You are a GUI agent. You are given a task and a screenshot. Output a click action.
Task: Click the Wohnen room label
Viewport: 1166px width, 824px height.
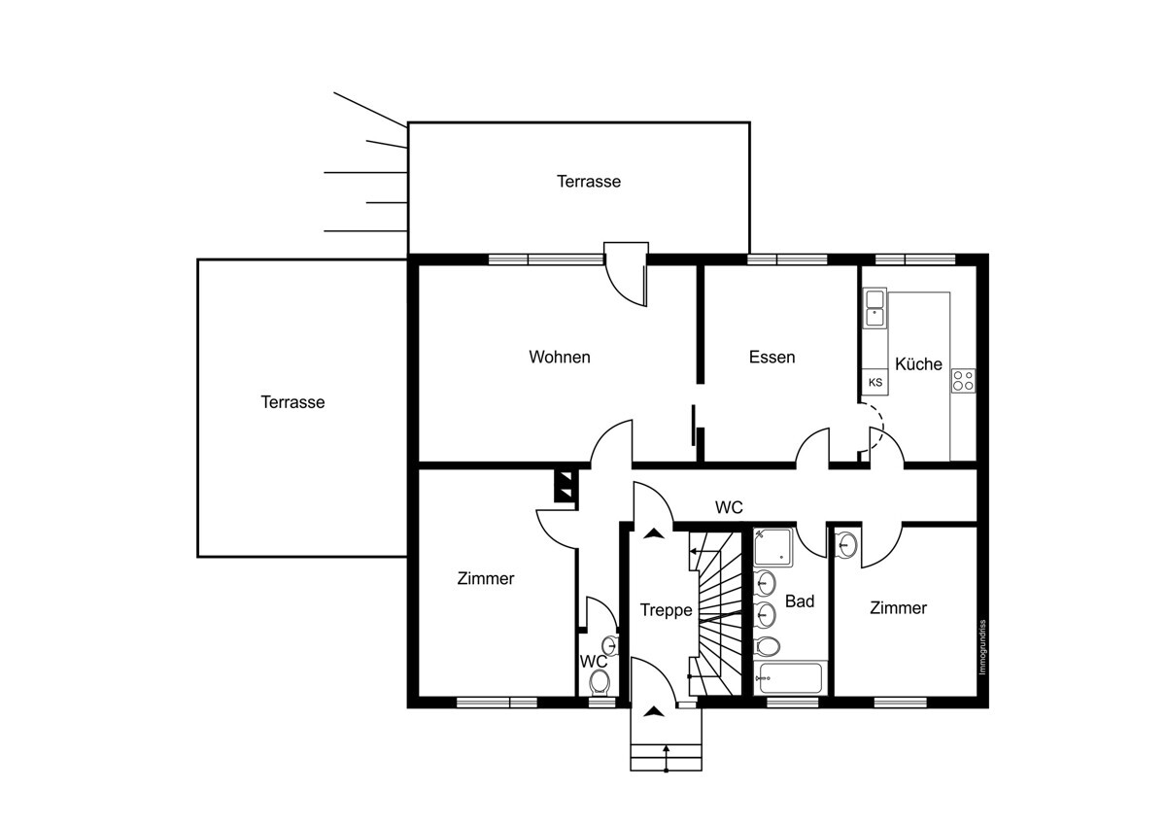point(560,357)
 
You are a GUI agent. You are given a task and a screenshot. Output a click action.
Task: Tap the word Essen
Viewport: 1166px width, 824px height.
point(772,357)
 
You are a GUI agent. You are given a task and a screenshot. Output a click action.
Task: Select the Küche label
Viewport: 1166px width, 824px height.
point(918,363)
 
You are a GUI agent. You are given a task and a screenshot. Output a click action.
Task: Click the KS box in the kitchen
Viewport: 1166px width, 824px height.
point(875,382)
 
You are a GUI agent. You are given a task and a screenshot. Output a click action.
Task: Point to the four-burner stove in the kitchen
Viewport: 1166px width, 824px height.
point(964,381)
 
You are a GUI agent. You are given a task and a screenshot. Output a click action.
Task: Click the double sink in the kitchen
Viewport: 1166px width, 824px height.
point(874,308)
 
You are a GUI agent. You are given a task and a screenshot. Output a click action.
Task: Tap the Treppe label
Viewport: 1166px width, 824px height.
point(666,610)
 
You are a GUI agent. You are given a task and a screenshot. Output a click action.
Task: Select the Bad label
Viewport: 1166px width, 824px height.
point(800,601)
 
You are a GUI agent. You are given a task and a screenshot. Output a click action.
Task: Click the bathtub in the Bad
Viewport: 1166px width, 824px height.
point(790,677)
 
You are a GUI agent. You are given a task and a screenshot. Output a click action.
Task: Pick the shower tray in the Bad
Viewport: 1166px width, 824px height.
point(773,547)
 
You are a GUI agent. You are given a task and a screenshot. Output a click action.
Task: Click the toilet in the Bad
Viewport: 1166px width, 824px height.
point(768,647)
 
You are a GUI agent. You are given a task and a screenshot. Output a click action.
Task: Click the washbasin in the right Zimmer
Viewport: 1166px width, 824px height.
point(847,544)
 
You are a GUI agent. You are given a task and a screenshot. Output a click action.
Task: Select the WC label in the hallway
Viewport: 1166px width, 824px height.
point(729,507)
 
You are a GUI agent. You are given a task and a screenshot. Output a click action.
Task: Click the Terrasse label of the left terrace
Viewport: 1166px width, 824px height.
point(292,402)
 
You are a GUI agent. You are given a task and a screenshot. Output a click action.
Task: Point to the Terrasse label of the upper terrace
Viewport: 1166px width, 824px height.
point(589,181)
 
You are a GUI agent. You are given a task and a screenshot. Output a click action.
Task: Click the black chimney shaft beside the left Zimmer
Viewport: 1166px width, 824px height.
point(566,486)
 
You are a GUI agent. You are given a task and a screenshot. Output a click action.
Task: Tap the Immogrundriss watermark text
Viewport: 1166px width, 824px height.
point(982,647)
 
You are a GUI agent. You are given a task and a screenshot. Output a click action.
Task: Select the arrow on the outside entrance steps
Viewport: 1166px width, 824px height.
point(666,759)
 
